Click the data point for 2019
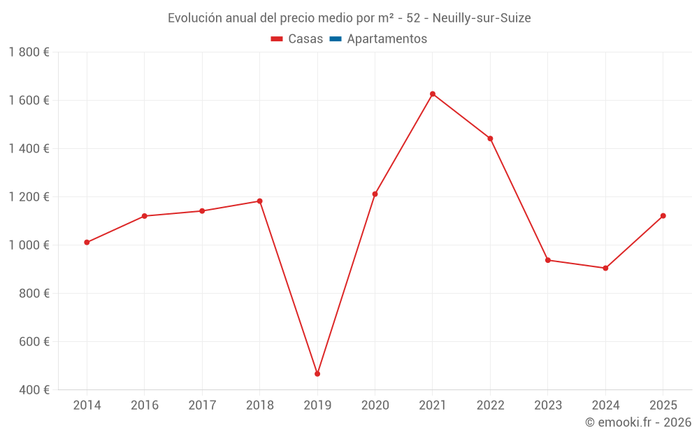tap(317, 374)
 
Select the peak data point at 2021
tap(433, 94)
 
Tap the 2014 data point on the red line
tap(87, 243)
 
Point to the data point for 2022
tap(490, 138)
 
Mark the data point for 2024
tap(605, 268)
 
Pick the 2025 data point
tap(663, 216)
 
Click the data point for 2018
tap(259, 201)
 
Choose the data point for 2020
tap(375, 194)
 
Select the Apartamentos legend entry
tap(387, 39)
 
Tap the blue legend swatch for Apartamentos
tap(335, 39)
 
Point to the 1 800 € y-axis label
tap(29, 52)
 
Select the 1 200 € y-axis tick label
tap(29, 197)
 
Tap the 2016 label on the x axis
tap(144, 406)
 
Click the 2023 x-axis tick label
tap(547, 406)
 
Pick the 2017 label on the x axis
tap(202, 406)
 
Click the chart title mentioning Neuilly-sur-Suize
tap(349, 18)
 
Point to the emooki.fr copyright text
tap(637, 422)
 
